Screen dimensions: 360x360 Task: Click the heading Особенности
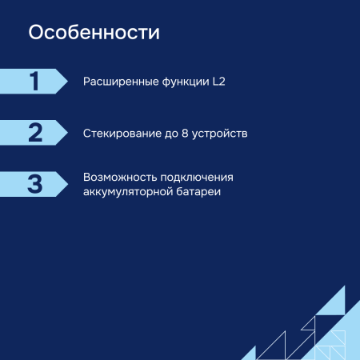94,34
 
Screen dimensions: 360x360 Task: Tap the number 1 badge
34,82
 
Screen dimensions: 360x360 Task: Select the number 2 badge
34,132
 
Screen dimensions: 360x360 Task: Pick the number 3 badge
34,183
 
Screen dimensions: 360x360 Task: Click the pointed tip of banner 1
66,82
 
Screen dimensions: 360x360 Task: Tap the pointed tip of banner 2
66,132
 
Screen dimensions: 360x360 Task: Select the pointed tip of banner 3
66,183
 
